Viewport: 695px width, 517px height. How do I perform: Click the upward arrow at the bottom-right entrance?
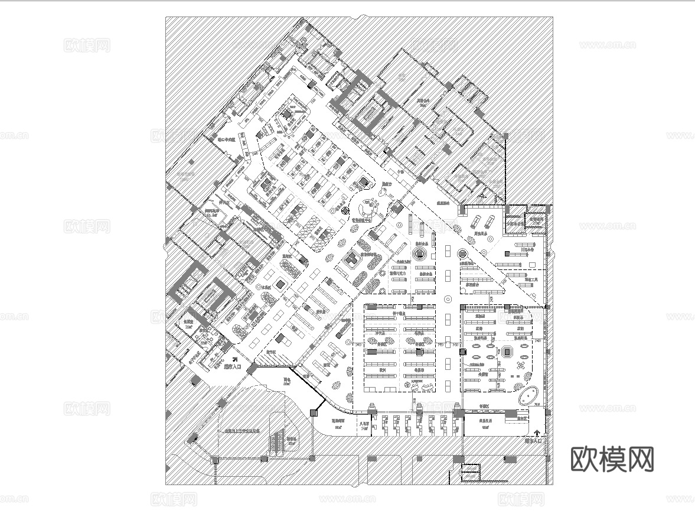pos(537,433)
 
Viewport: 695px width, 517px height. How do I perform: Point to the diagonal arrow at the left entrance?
pos(234,358)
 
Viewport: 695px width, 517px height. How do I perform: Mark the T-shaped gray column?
pos(350,258)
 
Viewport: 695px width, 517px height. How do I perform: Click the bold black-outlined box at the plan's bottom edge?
pos(471,474)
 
